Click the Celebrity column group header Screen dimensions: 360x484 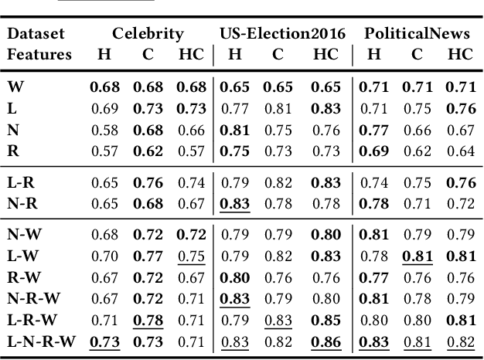(x=148, y=34)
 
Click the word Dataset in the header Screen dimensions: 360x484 (x=36, y=34)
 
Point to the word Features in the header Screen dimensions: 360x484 (x=39, y=55)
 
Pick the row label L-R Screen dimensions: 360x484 (x=22, y=183)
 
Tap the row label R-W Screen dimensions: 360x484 (x=25, y=276)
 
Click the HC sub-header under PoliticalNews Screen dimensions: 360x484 (x=460, y=55)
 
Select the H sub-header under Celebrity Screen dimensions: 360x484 (x=104, y=55)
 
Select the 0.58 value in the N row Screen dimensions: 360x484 (x=104, y=130)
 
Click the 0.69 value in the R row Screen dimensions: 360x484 (x=373, y=151)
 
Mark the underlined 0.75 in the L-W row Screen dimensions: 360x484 (x=191, y=255)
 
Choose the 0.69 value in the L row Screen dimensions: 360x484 (x=104, y=109)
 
